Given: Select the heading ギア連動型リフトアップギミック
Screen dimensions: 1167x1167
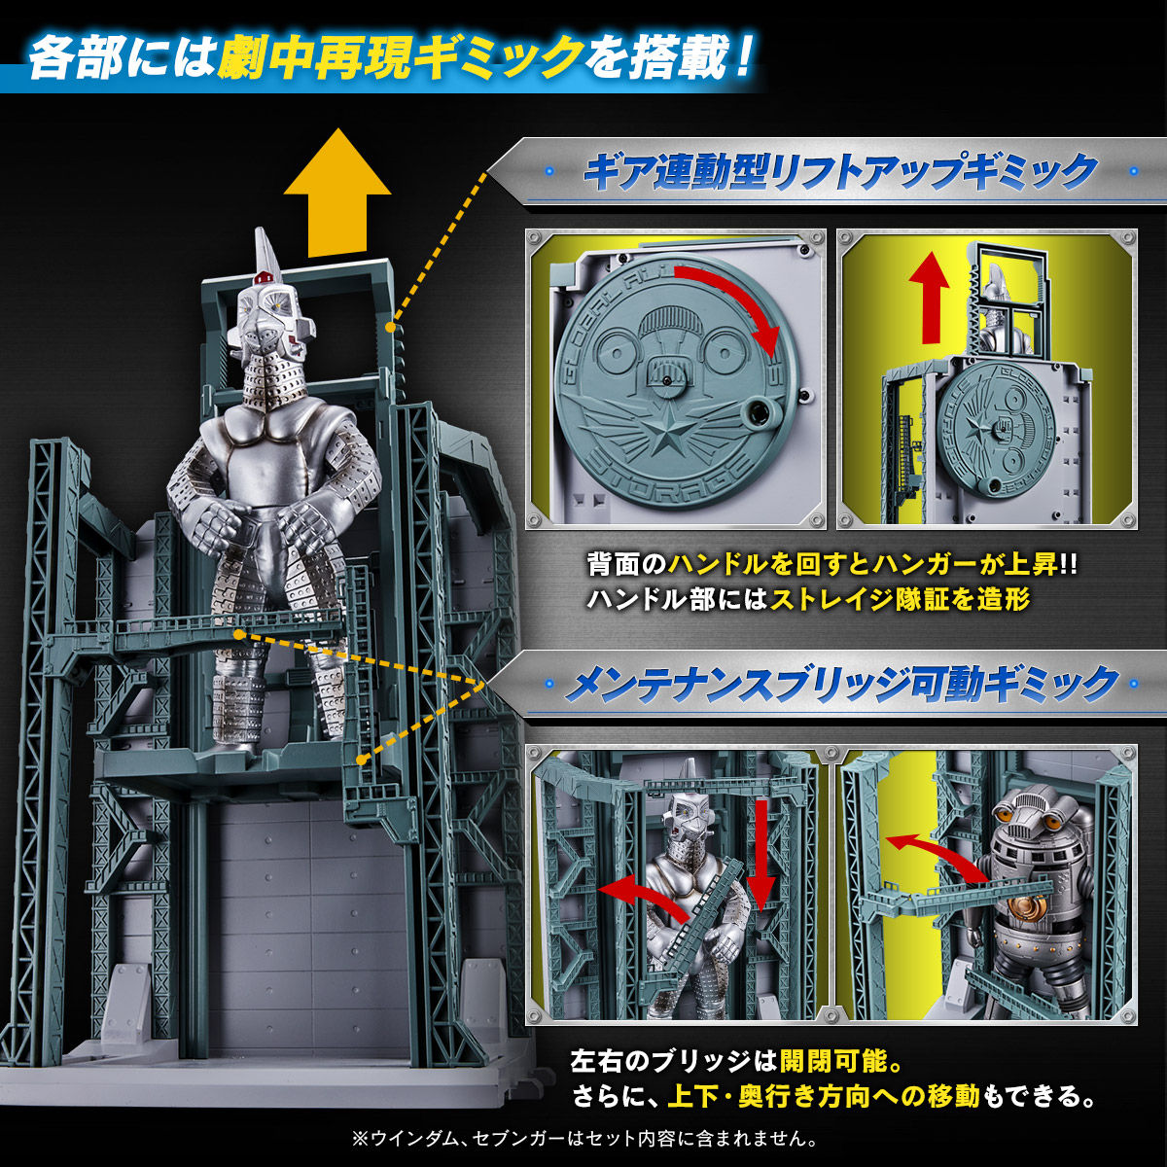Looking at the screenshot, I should [x=839, y=173].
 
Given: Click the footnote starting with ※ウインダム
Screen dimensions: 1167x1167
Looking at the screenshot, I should [x=583, y=1136].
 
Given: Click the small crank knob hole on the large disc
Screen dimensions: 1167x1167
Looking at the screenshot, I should [x=755, y=415].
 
